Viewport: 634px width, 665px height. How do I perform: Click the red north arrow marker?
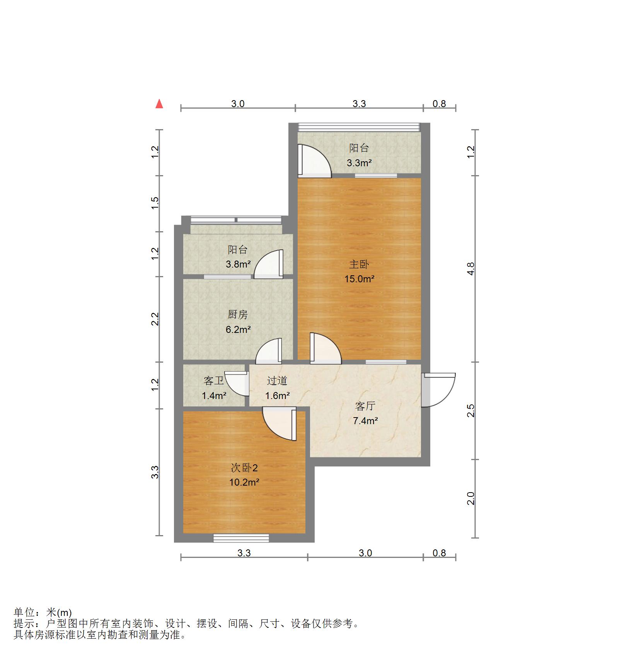[159, 104]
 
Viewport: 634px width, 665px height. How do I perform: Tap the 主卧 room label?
[359, 264]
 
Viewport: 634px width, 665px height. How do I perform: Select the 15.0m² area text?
[359, 279]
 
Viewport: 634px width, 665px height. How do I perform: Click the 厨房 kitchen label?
[237, 315]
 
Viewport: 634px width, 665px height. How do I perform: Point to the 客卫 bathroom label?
[214, 381]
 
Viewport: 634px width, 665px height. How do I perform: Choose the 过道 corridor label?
[277, 381]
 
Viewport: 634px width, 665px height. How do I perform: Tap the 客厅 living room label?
[365, 406]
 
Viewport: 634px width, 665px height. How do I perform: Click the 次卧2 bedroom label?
[244, 468]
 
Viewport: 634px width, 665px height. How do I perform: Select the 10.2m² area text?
[244, 483]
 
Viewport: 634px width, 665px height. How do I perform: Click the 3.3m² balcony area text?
[359, 163]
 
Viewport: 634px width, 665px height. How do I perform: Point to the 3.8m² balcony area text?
[238, 264]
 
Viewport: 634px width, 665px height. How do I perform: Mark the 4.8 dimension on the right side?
[470, 268]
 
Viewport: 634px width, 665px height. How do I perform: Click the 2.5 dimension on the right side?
[470, 410]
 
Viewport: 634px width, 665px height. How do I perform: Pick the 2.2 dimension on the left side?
[155, 319]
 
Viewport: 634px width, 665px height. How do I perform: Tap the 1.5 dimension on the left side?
[155, 203]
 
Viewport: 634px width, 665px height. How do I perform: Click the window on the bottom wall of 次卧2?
[241, 538]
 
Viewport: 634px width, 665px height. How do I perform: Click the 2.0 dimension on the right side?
[470, 498]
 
